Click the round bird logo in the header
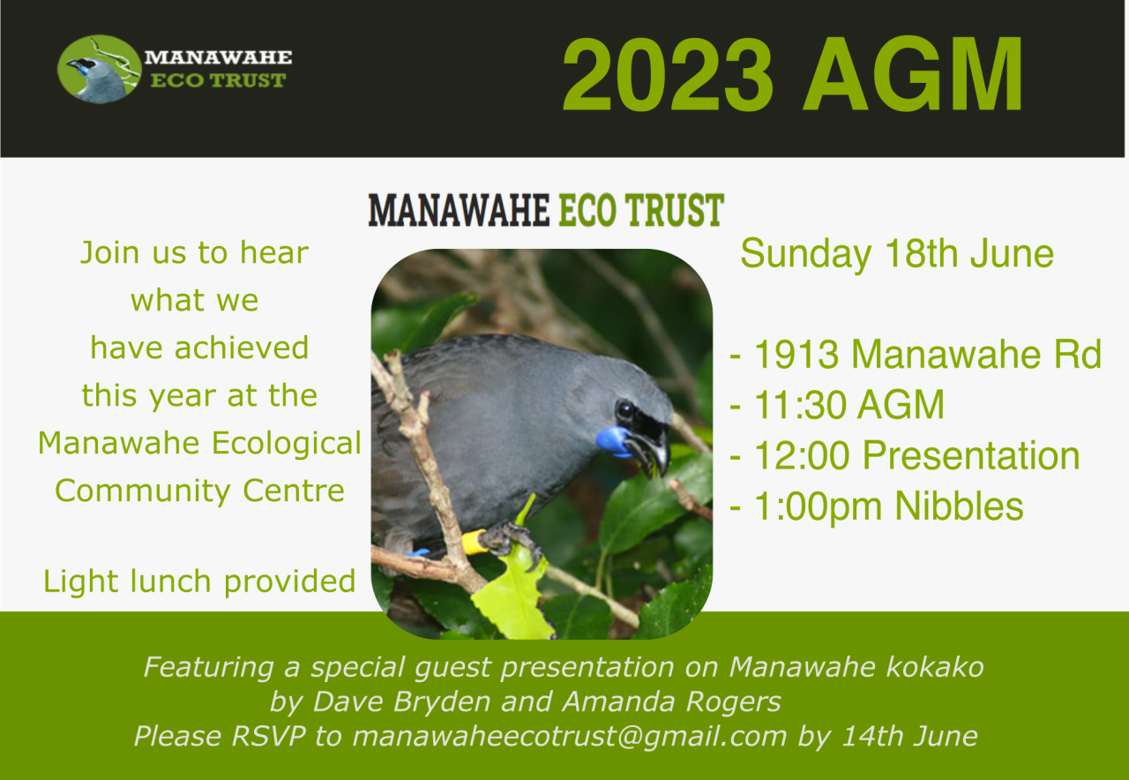pos(100,69)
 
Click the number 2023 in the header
pos(668,74)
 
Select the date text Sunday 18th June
pos(897,253)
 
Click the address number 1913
pos(796,354)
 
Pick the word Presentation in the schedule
pos(971,455)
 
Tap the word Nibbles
pos(959,506)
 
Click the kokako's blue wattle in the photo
pos(613,441)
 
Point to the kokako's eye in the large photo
pos(624,410)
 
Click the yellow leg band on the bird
pos(474,542)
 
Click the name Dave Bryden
pos(401,701)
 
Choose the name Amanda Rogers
pos(671,701)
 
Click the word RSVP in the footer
pos(268,736)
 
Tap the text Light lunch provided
pos(199,581)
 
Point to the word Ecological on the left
pos(287,444)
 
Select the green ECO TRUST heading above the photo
pos(641,210)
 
